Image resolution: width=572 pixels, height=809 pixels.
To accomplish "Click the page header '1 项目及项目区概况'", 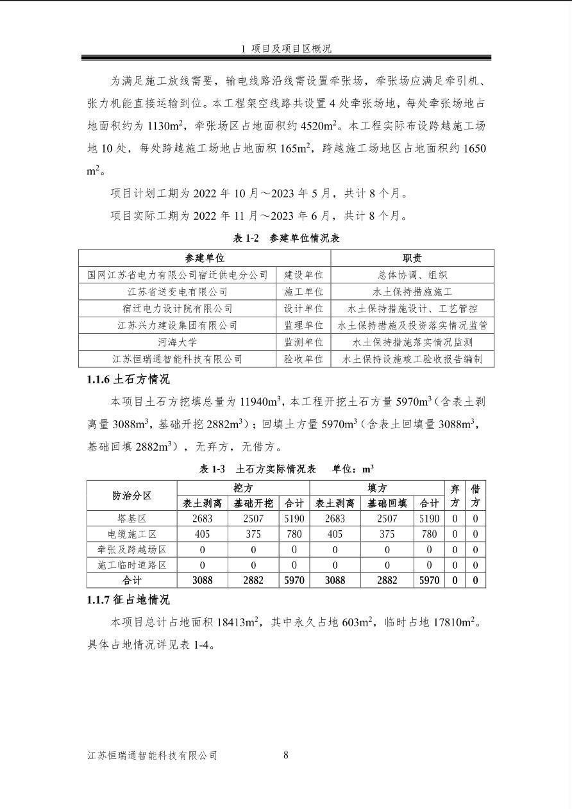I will click(286, 49).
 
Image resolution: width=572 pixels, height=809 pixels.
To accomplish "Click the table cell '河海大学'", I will click(178, 342).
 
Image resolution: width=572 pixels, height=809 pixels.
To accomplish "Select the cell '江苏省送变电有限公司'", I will click(178, 292).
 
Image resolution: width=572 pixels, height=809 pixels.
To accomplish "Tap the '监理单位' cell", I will click(304, 326).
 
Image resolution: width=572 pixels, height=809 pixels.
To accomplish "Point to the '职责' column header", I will click(412, 258).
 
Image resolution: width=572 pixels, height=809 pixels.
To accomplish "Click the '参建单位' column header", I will click(205, 258).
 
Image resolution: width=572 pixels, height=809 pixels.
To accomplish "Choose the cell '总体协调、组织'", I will click(412, 275).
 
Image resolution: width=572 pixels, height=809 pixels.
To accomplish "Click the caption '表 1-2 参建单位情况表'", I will click(286, 238).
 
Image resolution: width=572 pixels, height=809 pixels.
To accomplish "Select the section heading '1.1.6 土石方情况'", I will click(128, 379).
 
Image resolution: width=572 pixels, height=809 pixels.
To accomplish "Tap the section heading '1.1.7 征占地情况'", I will click(128, 600).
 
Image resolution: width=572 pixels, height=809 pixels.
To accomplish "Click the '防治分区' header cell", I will click(132, 496).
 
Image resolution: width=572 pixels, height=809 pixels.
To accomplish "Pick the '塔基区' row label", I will click(132, 518).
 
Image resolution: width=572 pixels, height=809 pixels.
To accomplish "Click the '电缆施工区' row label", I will click(132, 533).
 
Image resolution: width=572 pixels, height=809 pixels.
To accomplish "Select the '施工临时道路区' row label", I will click(132, 565).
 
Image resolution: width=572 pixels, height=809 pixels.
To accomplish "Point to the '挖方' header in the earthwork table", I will click(243, 488).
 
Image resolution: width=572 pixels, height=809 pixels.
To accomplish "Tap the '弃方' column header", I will click(455, 496).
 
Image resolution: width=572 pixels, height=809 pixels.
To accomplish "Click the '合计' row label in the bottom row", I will click(132, 580).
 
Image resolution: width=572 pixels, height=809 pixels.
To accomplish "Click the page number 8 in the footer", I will click(286, 755).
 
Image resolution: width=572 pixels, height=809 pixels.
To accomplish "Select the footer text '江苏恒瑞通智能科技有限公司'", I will click(153, 756).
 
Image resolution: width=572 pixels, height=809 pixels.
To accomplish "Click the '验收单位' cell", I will click(304, 359).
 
